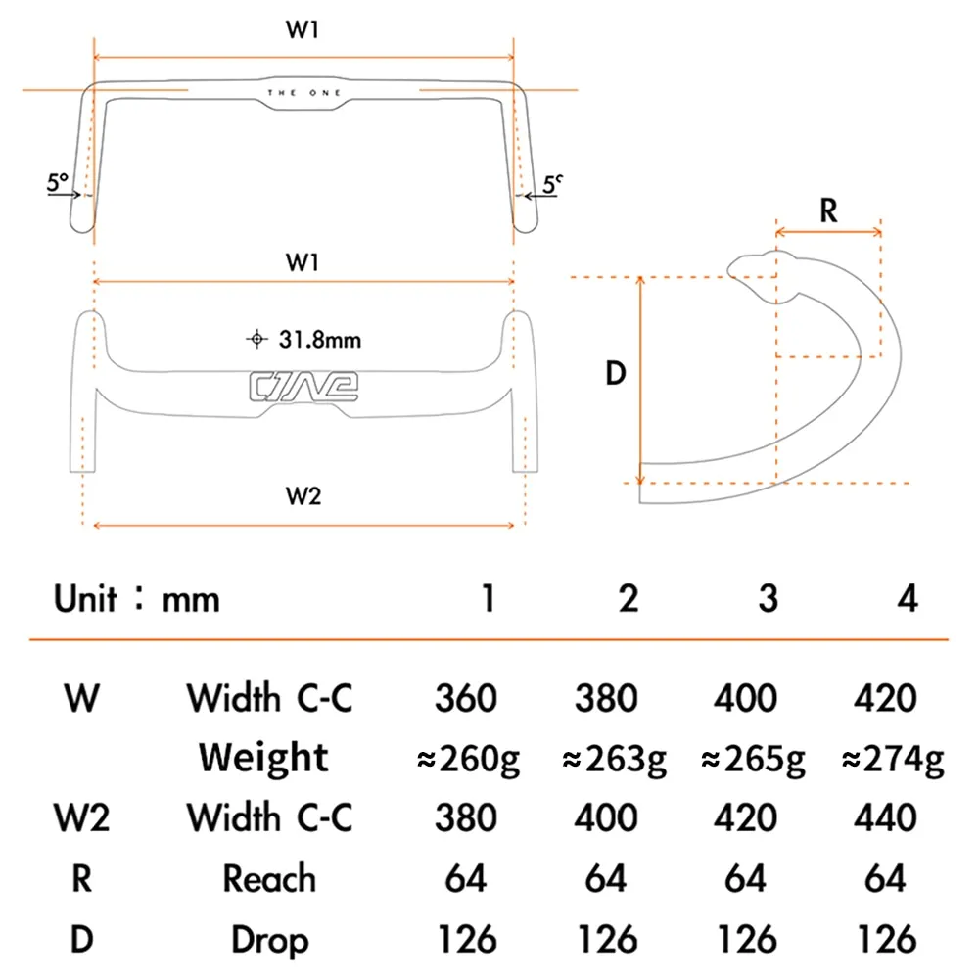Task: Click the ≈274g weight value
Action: [893, 760]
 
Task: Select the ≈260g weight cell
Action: [468, 760]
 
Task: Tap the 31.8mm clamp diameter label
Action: [320, 340]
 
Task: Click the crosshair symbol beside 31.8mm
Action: [256, 339]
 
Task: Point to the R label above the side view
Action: [828, 210]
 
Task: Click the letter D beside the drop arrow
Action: [616, 373]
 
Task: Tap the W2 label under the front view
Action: [303, 495]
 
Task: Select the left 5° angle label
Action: [57, 182]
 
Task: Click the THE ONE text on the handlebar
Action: [304, 93]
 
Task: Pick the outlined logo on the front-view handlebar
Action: [303, 387]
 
